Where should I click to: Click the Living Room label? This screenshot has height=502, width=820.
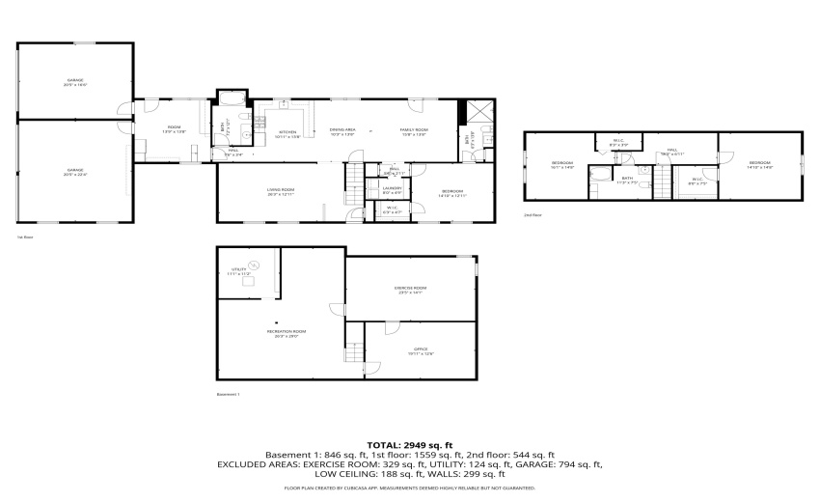[281, 191]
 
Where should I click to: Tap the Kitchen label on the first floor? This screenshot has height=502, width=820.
[287, 133]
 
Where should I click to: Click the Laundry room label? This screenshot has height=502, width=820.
[392, 189]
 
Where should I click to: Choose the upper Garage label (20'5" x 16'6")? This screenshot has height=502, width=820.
[74, 82]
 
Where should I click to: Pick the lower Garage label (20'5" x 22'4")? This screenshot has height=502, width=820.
[74, 172]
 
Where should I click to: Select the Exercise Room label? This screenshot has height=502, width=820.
[410, 290]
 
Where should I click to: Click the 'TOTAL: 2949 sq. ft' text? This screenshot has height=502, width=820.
[410, 445]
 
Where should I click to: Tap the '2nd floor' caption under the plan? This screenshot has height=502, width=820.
[533, 214]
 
